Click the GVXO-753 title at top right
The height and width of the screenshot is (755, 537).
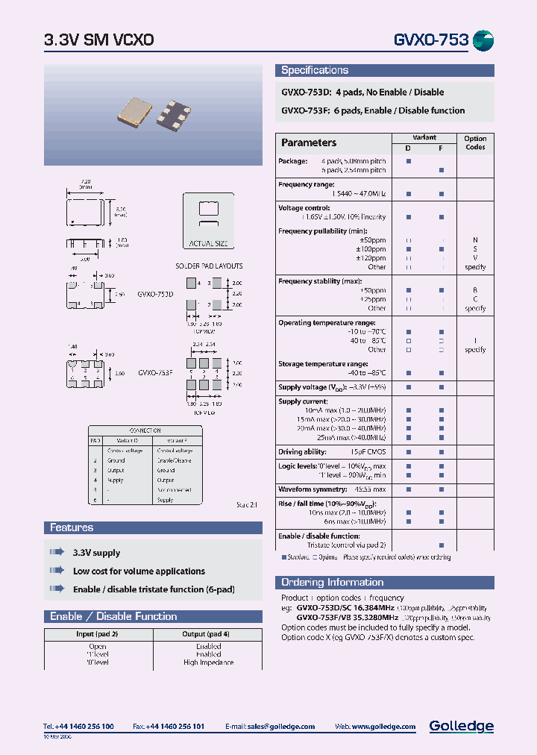point(430,40)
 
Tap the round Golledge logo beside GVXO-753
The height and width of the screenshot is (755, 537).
point(483,40)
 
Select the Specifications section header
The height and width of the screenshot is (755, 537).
point(314,70)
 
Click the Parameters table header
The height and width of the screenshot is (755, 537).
point(308,142)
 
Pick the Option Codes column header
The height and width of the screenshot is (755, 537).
point(474,142)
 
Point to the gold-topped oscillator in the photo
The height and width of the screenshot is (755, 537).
point(136,110)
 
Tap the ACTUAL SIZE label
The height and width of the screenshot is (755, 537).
point(208,243)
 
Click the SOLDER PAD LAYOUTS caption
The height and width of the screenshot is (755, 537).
point(209,266)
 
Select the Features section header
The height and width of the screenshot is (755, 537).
point(72,527)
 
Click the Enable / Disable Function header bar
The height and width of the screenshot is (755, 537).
point(113,616)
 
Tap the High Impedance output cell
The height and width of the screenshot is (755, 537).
point(208,662)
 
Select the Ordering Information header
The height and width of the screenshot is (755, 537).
point(332,582)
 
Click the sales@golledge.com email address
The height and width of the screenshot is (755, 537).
point(280,727)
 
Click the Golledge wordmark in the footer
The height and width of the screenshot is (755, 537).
point(461,726)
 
